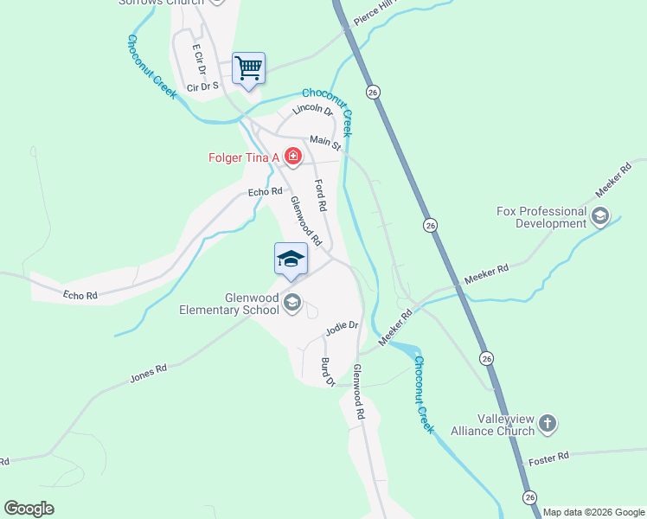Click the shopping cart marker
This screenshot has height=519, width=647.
[248, 68]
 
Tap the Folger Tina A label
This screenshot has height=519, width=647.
[246, 157]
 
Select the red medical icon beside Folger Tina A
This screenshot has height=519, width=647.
[293, 157]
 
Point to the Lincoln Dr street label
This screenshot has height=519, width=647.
[312, 110]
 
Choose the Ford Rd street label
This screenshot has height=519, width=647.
[321, 195]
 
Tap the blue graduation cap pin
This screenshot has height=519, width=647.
[291, 259]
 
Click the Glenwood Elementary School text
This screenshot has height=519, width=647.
[229, 304]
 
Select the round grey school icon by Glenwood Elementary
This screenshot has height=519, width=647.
[292, 301]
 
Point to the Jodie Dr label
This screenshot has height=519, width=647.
[342, 326]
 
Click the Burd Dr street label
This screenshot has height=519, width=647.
[327, 371]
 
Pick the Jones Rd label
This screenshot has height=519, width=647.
[148, 372]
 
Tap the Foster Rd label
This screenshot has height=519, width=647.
[550, 456]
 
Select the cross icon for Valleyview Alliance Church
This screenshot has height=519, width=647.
[547, 423]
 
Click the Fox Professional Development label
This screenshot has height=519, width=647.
[541, 217]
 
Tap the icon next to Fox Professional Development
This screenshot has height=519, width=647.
[600, 216]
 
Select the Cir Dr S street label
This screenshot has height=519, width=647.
[202, 86]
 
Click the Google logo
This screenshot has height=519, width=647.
[29, 509]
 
